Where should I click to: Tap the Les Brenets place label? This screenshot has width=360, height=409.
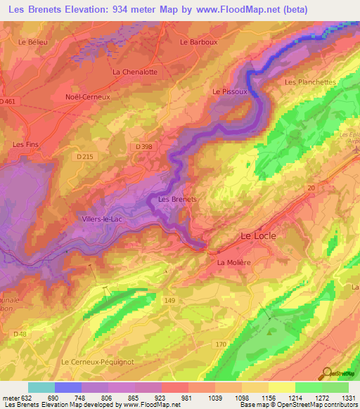[177, 199]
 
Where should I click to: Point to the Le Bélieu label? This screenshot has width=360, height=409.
[32, 42]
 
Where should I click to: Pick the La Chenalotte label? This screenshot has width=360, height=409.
[134, 72]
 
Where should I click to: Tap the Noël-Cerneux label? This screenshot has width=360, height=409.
[88, 97]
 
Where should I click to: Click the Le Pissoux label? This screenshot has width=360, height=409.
[229, 91]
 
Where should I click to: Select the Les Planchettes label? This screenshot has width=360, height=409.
[310, 82]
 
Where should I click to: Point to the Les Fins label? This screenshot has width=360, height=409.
[26, 144]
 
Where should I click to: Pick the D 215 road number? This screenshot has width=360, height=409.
[85, 155]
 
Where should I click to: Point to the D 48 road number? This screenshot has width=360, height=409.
[21, 333]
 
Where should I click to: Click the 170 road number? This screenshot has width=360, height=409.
[221, 344]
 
